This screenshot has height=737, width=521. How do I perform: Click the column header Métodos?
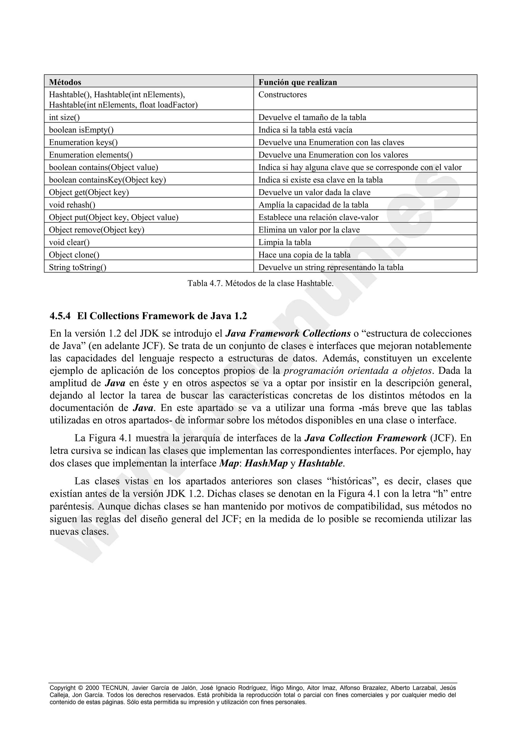click(x=65, y=82)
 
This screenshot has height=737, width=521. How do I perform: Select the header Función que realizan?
click(x=298, y=82)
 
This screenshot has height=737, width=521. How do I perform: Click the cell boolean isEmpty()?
click(x=81, y=130)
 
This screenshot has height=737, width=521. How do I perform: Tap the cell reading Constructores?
click(x=282, y=95)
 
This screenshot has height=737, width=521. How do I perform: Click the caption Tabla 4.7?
click(x=260, y=284)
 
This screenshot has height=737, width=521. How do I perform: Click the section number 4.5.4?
click(x=60, y=316)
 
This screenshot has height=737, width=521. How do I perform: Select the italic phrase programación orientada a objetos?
click(x=358, y=371)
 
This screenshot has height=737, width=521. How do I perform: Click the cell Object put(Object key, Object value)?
click(x=114, y=218)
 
